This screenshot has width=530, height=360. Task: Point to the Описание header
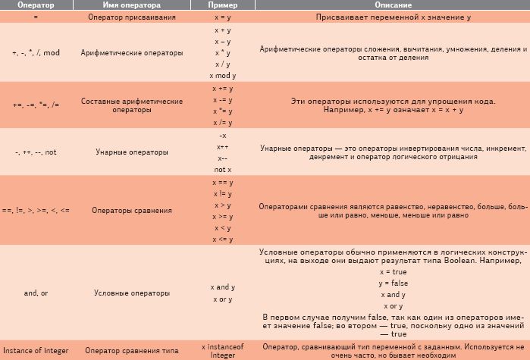(392, 5)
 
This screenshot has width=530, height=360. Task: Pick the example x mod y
(223, 76)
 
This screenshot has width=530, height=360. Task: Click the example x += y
(223, 88)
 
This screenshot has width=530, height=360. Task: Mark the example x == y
(223, 183)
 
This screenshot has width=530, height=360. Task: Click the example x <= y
(223, 238)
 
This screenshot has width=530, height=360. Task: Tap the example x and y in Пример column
(223, 287)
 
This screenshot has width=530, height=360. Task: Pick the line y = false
(392, 283)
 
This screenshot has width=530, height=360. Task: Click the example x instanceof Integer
(223, 349)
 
